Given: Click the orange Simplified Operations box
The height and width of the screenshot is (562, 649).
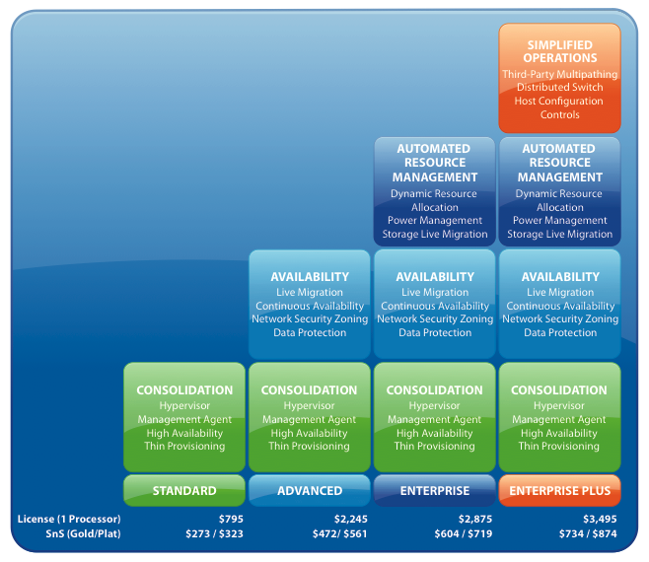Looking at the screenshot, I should (559, 79).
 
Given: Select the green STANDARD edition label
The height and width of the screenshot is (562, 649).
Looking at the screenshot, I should (184, 490).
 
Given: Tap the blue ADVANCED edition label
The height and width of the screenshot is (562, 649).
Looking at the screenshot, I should (310, 490).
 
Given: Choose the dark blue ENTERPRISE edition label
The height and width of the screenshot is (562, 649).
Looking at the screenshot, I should (435, 490).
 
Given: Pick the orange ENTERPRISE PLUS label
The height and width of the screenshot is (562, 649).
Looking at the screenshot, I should (559, 490).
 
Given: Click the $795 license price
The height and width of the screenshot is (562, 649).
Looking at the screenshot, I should (229, 519).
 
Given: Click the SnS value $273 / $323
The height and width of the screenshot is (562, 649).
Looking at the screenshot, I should (214, 534).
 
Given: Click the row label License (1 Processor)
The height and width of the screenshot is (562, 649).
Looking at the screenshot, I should (68, 519).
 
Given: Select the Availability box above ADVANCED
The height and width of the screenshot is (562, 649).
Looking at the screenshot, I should (310, 305).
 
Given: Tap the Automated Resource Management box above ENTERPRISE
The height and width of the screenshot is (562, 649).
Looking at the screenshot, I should (435, 191).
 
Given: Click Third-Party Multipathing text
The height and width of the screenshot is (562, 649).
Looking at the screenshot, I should (559, 74).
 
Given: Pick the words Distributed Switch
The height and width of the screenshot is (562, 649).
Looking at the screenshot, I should (559, 88).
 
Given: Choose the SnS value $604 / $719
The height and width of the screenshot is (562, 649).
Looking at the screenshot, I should (465, 534).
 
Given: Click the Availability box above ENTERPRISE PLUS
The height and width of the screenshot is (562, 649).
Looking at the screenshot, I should (559, 305).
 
